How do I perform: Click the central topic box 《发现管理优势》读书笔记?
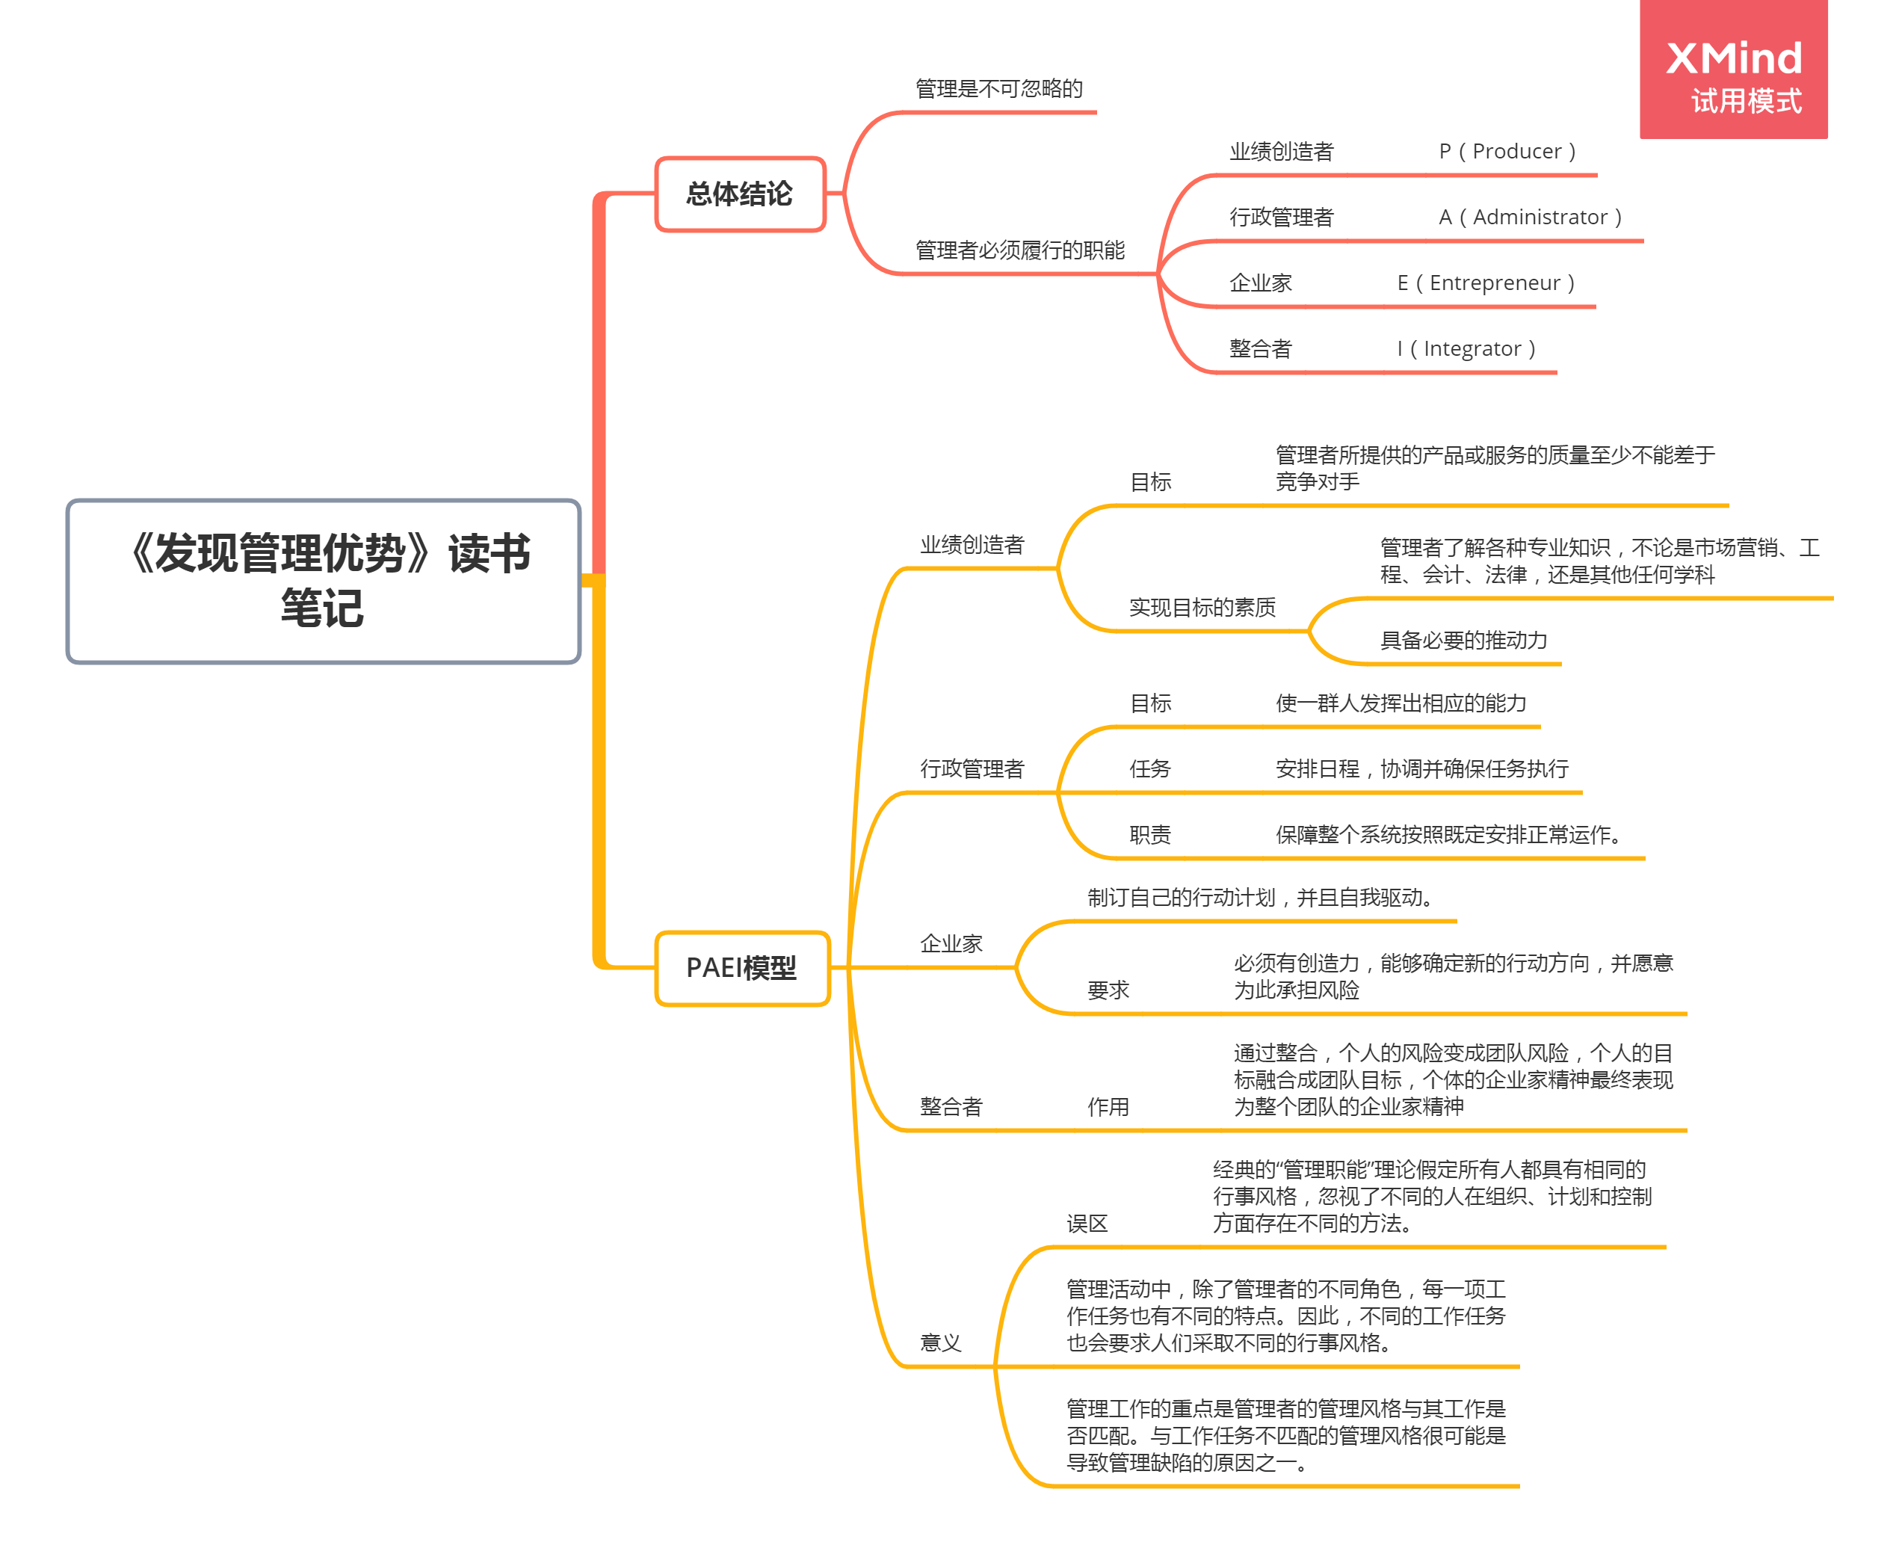tap(323, 581)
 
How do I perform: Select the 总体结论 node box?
tap(740, 194)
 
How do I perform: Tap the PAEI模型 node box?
tap(742, 968)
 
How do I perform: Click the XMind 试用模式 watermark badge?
tap(1732, 70)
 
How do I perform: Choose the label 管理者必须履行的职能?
tap(1019, 250)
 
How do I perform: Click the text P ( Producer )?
tap(1507, 151)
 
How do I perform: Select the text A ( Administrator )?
tap(1531, 217)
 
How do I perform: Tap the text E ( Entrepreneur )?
tap(1486, 283)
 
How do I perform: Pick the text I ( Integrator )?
tap(1466, 348)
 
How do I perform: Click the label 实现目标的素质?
tap(1202, 608)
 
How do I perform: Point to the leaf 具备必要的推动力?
tap(1463, 640)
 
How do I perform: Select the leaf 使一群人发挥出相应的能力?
tap(1401, 703)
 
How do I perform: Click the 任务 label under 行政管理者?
tap(1150, 769)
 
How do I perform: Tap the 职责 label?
tap(1150, 835)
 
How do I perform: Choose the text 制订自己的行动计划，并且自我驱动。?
tap(1265, 898)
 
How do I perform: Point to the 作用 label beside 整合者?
tap(1108, 1107)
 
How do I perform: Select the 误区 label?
tap(1087, 1224)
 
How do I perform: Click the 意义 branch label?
tap(941, 1342)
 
